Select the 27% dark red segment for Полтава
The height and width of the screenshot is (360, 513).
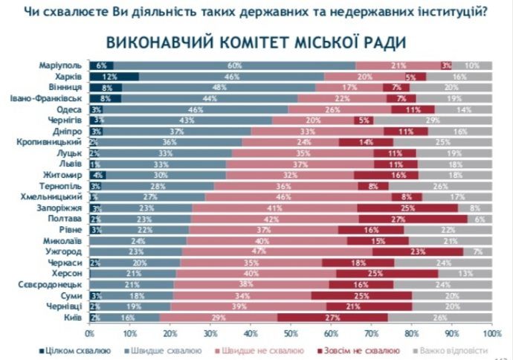point(413,219)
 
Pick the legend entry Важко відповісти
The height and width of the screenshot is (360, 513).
point(454,349)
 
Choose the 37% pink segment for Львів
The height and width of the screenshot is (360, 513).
point(300,164)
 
